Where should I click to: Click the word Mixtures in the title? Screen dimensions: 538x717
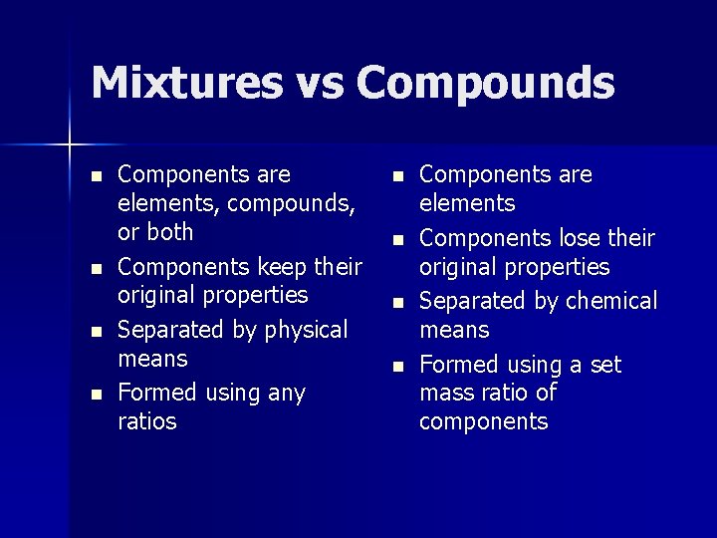(186, 83)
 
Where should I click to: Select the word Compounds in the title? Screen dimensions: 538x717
(485, 83)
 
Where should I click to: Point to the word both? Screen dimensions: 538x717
(170, 232)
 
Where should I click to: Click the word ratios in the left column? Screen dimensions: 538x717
(146, 421)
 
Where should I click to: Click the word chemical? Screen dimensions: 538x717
(608, 301)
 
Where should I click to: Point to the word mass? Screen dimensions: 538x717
(447, 393)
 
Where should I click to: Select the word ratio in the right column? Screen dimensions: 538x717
(507, 393)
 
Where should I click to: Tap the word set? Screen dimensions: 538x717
(605, 365)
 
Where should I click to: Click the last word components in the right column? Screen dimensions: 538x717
(483, 421)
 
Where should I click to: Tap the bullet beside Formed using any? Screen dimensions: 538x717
(95, 395)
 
